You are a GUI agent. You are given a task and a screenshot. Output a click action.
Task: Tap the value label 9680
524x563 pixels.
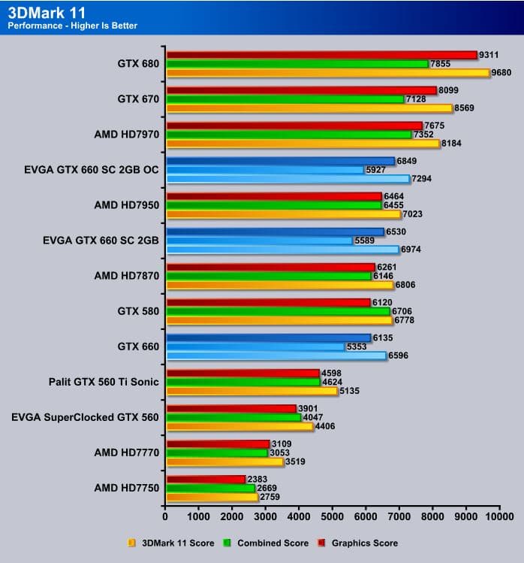click(501, 73)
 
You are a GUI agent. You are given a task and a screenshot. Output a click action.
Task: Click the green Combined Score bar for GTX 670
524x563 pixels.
click(285, 99)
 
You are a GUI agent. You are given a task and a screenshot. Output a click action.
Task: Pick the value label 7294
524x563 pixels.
click(421, 179)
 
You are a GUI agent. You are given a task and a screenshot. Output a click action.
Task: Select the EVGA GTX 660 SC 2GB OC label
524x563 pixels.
click(92, 169)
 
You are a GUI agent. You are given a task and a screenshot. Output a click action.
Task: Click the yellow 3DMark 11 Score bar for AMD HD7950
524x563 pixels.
click(284, 213)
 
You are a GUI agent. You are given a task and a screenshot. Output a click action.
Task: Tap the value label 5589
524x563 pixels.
click(364, 241)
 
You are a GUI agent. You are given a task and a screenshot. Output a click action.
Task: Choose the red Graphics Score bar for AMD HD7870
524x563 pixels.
click(270, 267)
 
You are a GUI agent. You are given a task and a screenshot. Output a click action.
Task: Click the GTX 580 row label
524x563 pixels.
click(139, 310)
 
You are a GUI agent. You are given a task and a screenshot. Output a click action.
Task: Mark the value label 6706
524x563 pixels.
click(402, 311)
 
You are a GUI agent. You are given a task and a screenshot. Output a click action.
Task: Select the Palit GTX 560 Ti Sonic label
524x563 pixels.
click(104, 381)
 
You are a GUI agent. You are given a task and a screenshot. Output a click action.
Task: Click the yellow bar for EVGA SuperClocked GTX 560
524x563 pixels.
click(239, 426)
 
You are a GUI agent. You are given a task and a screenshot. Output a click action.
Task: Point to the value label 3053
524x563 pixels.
click(279, 453)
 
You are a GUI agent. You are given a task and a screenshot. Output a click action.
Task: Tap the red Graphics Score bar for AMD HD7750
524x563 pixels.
click(206, 479)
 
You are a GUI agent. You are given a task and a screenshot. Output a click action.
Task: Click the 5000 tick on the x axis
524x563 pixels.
click(333, 516)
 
